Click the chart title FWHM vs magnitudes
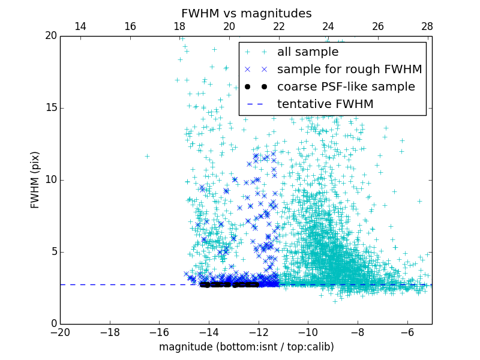pos(246,13)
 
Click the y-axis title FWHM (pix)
pos(35,180)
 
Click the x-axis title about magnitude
pos(246,347)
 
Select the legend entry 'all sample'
pos(307,52)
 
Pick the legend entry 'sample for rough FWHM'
pos(349,70)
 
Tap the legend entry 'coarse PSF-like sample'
pos(346,87)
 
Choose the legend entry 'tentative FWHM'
pos(325,104)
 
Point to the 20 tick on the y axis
pos(50,36)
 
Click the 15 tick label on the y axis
pos(50,108)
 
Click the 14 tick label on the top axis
pos(80,26)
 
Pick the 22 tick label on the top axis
pos(278,26)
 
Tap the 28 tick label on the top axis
pos(427,26)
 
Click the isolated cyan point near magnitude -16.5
pos(147,156)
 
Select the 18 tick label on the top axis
pos(179,26)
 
